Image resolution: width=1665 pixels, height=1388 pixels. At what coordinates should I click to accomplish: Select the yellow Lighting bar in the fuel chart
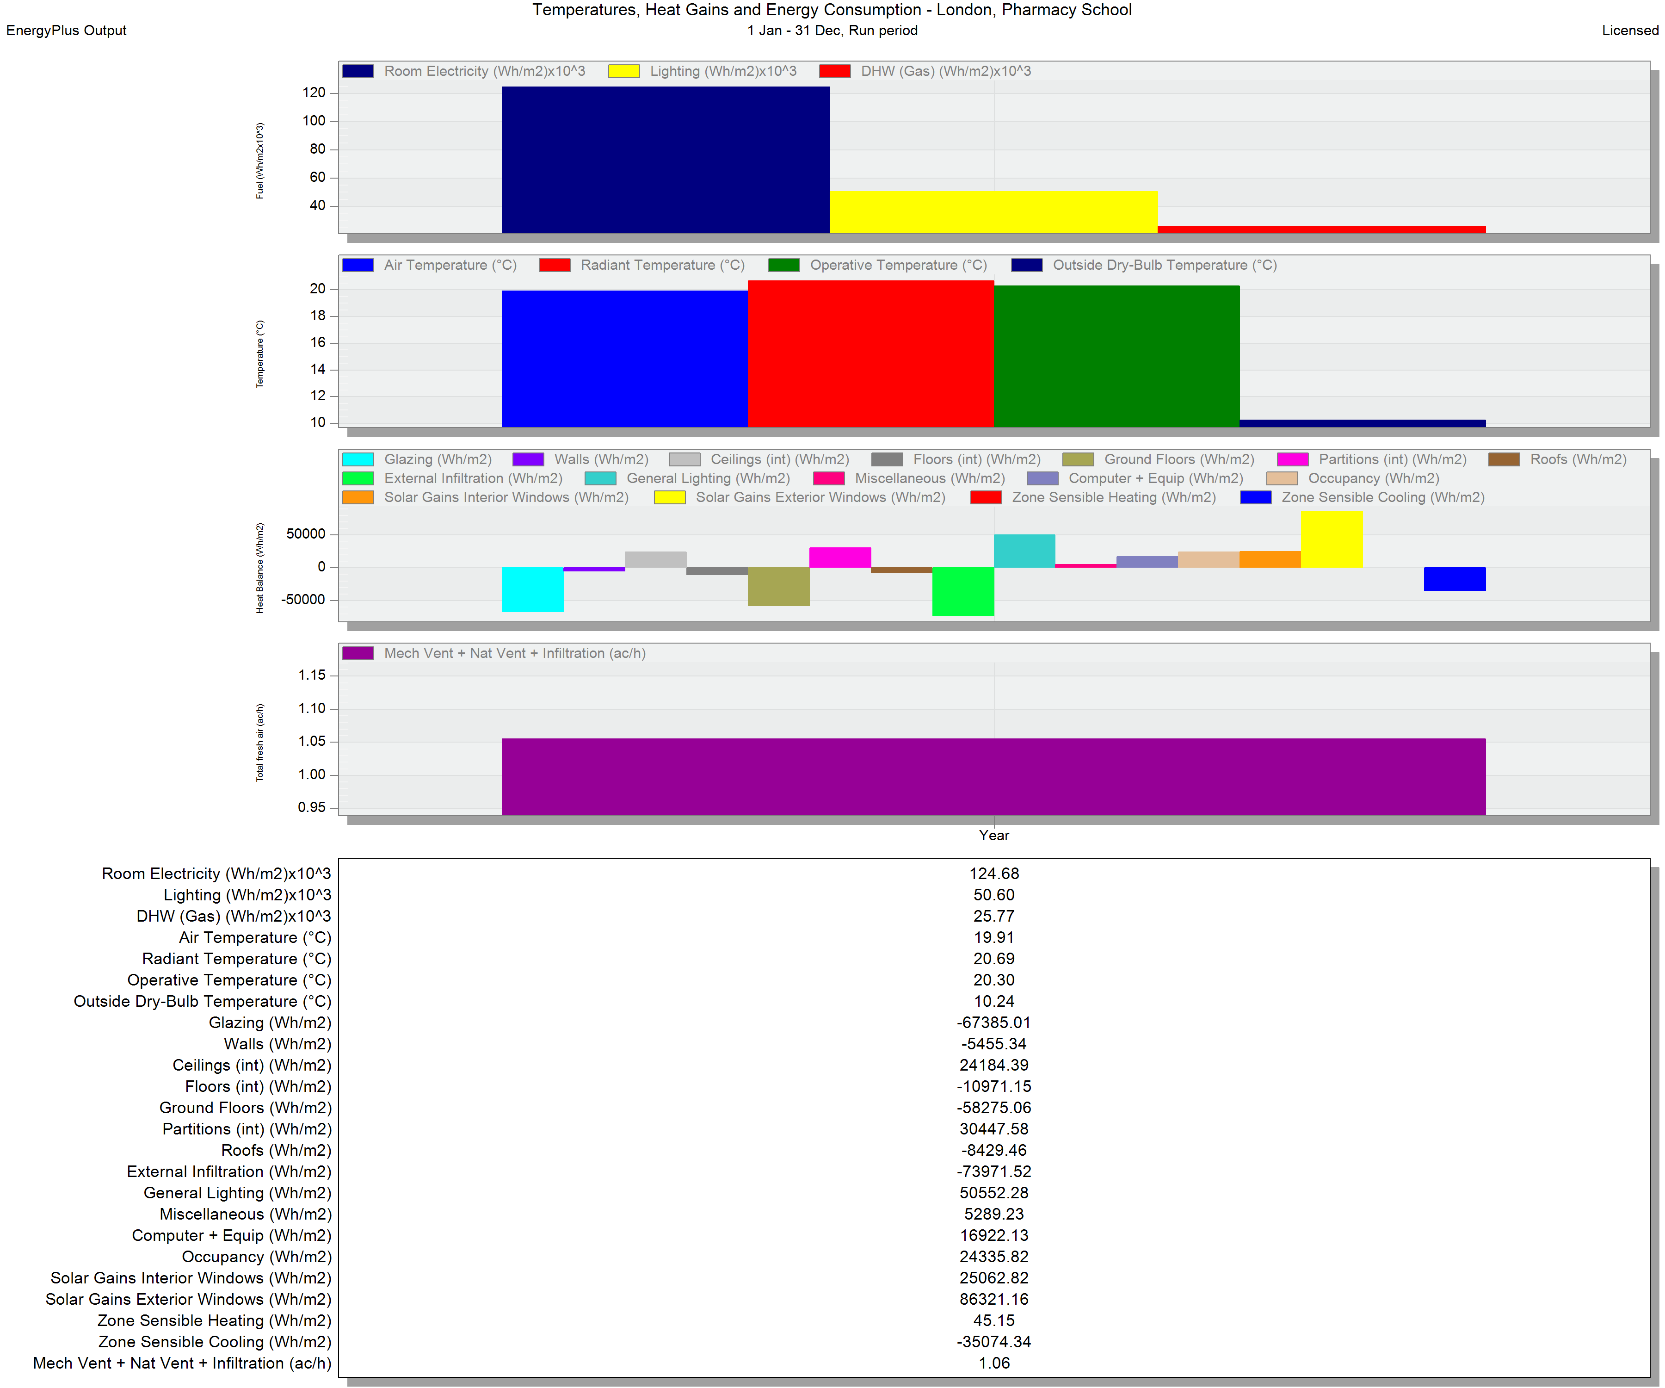993,212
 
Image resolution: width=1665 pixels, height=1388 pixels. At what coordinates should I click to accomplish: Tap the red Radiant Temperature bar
870,354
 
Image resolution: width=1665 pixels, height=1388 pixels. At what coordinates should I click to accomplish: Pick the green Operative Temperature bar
1116,356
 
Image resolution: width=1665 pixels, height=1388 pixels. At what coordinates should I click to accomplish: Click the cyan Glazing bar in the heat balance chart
533,589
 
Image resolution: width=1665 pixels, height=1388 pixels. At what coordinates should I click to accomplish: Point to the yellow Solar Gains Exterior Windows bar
1332,539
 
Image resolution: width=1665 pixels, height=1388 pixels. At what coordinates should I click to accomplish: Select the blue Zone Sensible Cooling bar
1455,579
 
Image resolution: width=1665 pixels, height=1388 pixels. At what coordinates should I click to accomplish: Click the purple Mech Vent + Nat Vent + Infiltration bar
993,776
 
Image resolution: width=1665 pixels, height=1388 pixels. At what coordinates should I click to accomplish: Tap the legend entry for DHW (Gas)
925,71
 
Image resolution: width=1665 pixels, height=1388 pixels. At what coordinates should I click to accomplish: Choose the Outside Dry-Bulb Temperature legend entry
1144,265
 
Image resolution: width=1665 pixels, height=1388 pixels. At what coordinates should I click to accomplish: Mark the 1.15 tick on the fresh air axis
312,675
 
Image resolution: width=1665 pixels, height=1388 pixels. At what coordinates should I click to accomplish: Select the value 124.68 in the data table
993,873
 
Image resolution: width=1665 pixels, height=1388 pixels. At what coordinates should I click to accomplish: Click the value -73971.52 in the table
993,1171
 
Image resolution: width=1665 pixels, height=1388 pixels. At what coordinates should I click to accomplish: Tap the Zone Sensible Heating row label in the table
214,1320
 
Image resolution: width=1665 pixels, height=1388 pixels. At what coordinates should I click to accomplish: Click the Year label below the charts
993,835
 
